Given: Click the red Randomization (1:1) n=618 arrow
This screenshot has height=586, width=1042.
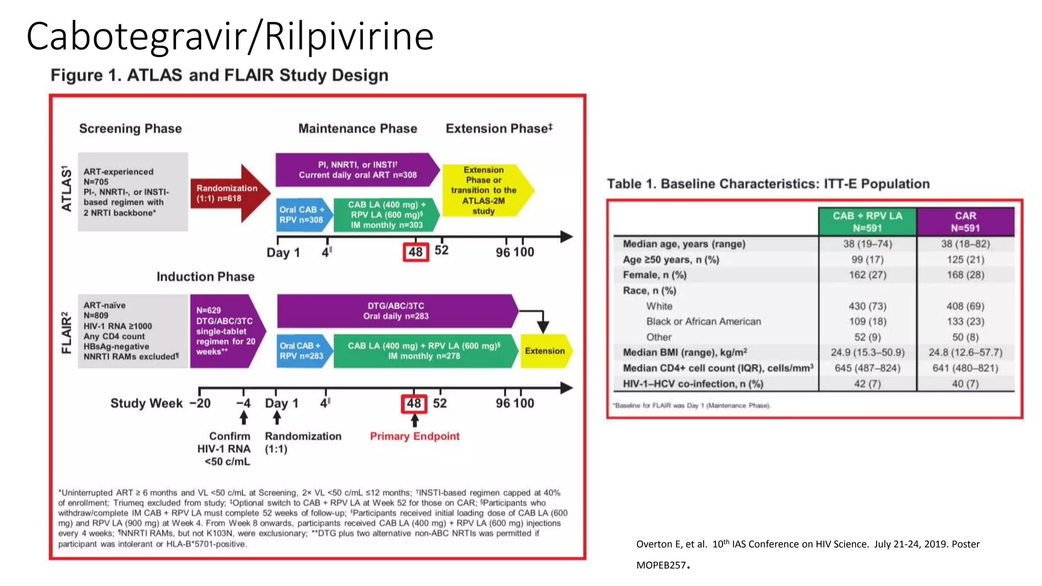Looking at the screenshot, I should click(x=229, y=193).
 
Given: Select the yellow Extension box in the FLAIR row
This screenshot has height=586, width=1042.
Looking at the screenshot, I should click(x=545, y=351).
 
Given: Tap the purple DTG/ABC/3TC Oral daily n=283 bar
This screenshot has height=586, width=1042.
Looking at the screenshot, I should click(x=396, y=311).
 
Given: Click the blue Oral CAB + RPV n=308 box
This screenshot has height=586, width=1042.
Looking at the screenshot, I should click(x=301, y=215).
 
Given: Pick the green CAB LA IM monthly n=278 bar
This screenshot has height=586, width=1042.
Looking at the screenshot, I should click(x=424, y=351).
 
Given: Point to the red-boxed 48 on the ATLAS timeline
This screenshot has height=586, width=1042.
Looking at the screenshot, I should click(x=416, y=252).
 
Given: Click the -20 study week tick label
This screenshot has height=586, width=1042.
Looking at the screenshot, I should click(x=200, y=403).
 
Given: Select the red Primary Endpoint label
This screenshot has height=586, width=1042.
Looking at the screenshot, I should click(x=414, y=436).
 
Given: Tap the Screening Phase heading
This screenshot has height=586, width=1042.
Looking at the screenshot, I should click(x=130, y=129).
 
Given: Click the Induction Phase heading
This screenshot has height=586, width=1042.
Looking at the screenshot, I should click(x=206, y=277).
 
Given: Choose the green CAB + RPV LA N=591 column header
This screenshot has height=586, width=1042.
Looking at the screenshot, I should click(x=867, y=222).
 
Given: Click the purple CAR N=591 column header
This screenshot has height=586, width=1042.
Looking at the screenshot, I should click(x=965, y=222).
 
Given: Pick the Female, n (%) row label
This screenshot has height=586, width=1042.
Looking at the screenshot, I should click(x=654, y=275).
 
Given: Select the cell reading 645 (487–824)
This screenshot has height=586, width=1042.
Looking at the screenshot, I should click(x=867, y=368).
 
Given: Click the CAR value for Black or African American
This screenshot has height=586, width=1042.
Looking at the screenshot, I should click(x=965, y=321).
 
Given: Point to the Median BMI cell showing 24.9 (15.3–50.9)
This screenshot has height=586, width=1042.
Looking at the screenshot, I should click(x=867, y=353).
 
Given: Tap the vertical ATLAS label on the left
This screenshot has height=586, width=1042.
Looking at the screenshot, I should click(x=67, y=188).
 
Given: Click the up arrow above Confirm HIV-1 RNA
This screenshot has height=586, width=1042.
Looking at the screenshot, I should click(x=244, y=418).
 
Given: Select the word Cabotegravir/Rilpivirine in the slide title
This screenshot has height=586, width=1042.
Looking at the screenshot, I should click(x=230, y=37).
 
